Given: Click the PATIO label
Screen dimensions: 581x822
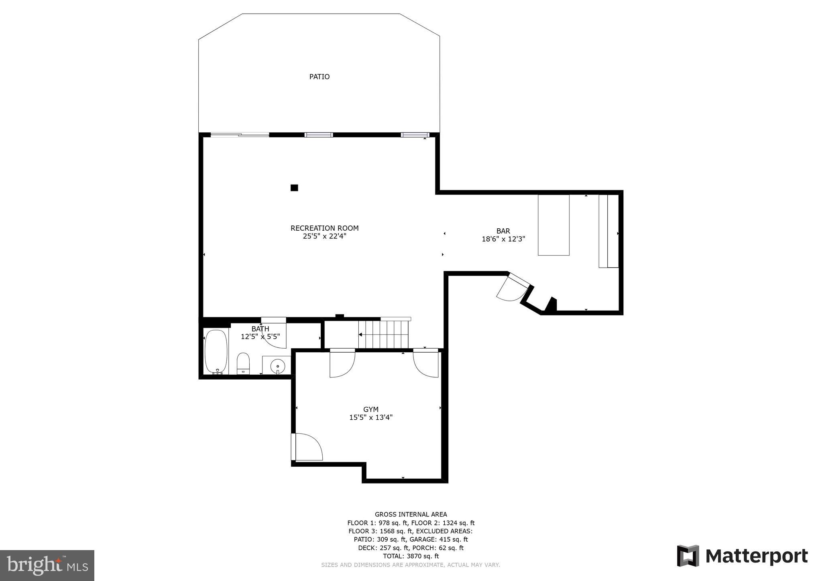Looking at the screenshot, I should (x=319, y=77).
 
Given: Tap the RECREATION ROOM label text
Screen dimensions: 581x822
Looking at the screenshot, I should (x=324, y=228).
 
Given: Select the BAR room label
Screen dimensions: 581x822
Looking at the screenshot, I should (x=503, y=231).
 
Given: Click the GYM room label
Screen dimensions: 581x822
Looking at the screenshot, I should (x=370, y=409).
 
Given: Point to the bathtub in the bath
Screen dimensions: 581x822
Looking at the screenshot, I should (x=216, y=352).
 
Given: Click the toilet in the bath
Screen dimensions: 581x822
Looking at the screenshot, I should (x=243, y=364).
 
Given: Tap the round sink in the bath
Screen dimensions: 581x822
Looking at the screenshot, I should (x=277, y=366).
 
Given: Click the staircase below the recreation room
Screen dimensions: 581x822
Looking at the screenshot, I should (x=383, y=334).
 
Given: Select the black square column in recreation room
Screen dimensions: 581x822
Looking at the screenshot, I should (x=294, y=187).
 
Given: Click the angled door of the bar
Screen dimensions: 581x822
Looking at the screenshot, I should (x=513, y=288).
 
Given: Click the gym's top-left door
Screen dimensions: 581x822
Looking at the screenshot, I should (x=342, y=364).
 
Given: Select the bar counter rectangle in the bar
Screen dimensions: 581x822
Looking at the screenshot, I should (x=553, y=225).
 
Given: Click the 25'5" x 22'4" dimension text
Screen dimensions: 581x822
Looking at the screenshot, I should (x=324, y=236).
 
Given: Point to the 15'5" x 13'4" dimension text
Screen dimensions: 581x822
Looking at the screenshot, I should (x=370, y=417).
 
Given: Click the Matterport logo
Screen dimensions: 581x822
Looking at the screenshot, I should (x=742, y=556).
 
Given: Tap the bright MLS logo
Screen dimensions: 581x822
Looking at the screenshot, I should (x=47, y=565).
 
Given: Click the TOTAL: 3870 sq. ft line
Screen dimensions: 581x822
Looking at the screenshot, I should (x=411, y=556).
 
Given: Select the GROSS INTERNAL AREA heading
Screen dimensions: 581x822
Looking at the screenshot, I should (x=411, y=514).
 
